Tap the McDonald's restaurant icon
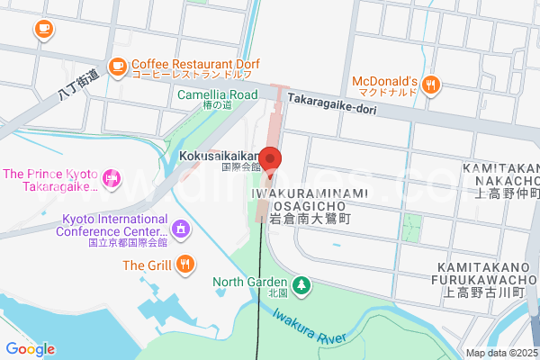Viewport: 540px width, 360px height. pyautogui.click(x=433, y=85)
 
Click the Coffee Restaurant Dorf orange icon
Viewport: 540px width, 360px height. pyautogui.click(x=117, y=66)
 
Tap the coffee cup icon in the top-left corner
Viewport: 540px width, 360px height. pyautogui.click(x=42, y=28)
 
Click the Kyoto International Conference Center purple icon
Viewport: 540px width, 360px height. pyautogui.click(x=180, y=229)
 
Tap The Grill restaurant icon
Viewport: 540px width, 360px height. pyautogui.click(x=184, y=264)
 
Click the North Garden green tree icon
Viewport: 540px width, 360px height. pyautogui.click(x=302, y=285)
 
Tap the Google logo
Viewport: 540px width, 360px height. pyautogui.click(x=30, y=348)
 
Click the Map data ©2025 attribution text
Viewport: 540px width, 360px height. pyautogui.click(x=500, y=353)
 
